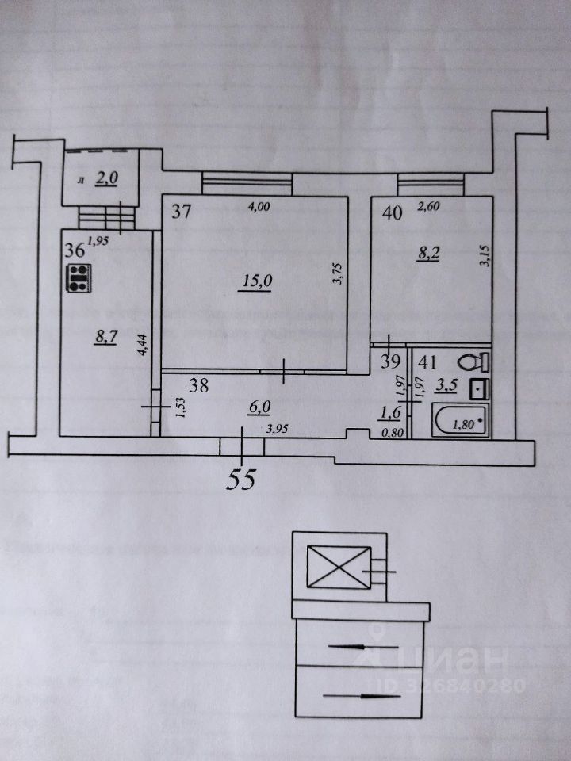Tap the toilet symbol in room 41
(x=477, y=361)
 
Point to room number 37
(x=182, y=212)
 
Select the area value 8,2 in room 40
(x=431, y=254)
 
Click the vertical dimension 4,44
(x=142, y=346)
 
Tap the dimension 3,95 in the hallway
(x=277, y=430)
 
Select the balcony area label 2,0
(x=106, y=180)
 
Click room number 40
(x=390, y=212)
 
